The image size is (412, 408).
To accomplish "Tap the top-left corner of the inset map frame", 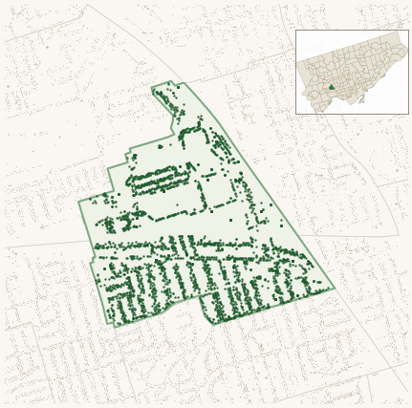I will (x=295, y=30).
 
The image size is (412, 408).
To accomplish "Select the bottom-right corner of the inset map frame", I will (x=408, y=114).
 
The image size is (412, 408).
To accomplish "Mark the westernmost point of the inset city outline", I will (x=297, y=67).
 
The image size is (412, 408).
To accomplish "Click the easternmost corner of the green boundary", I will (x=335, y=287).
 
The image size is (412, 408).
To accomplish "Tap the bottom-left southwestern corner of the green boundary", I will (x=115, y=326).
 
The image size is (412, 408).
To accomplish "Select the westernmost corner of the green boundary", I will (x=79, y=202).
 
